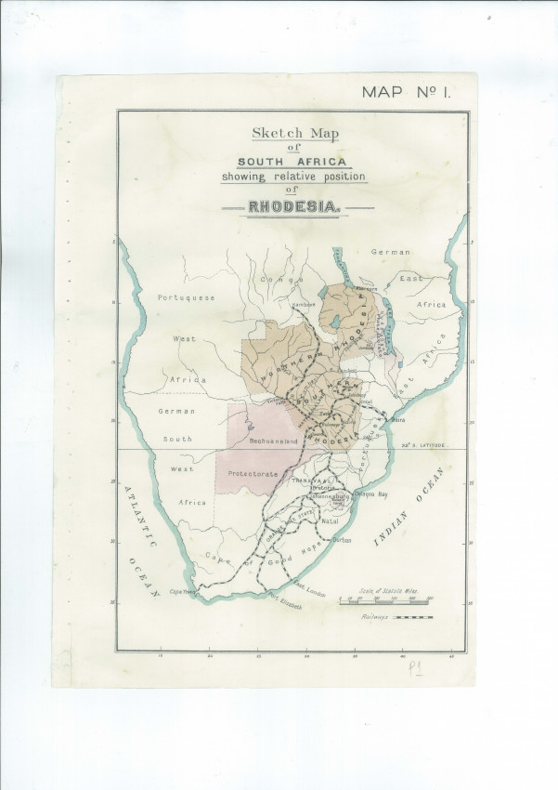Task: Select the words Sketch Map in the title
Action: tap(294, 132)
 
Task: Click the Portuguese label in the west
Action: tap(186, 297)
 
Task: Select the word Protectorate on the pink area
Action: tap(253, 473)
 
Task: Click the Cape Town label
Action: tap(182, 590)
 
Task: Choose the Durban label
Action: tap(341, 540)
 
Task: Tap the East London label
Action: tap(310, 587)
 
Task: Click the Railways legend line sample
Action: tap(413, 617)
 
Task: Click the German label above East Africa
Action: tap(390, 252)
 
